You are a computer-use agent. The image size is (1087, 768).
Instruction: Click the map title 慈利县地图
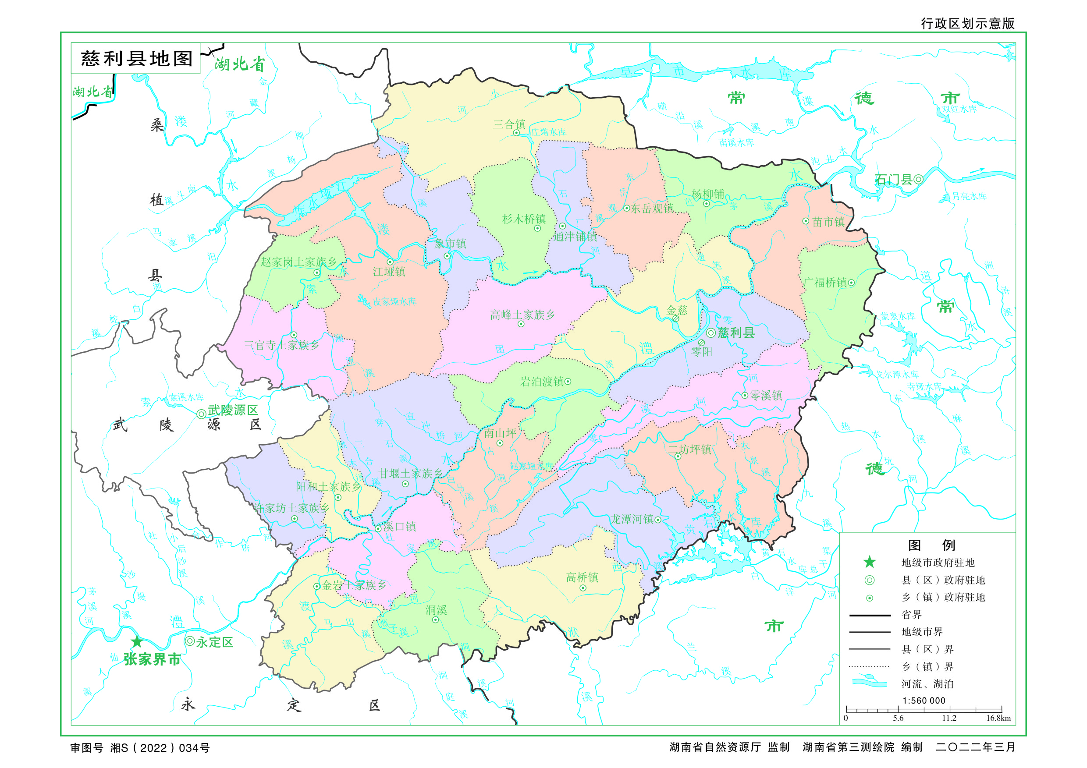[x=136, y=59]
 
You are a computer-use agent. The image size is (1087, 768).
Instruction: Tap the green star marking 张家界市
[x=137, y=642]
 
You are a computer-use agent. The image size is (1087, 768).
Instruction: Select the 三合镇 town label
[x=509, y=124]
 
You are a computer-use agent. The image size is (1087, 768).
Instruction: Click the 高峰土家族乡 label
[x=522, y=315]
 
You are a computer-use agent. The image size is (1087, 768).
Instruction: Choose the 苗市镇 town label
[x=828, y=222]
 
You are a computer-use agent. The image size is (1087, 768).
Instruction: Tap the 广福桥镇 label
[x=825, y=283]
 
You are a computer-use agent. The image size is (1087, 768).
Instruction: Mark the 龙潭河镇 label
[x=632, y=519]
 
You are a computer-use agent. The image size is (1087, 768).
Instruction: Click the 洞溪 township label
[x=436, y=610]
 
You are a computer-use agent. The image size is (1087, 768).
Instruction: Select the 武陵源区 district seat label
[x=233, y=410]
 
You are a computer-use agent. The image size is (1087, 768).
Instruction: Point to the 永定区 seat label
[x=214, y=642]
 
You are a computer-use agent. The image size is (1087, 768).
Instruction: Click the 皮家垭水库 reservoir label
[x=394, y=302]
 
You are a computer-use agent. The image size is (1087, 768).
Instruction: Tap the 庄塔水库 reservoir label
[x=548, y=132]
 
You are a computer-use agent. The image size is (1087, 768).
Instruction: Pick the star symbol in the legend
[x=869, y=562]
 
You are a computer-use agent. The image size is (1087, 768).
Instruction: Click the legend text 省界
[x=911, y=615]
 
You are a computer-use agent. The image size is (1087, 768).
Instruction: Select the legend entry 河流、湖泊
[x=927, y=684]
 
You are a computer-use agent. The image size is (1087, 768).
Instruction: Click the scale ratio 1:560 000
[x=923, y=701]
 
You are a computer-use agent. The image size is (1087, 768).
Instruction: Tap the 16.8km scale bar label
[x=998, y=718]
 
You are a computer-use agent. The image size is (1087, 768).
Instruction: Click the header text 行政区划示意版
[x=967, y=24]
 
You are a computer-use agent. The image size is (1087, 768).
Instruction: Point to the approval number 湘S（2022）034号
[x=160, y=748]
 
